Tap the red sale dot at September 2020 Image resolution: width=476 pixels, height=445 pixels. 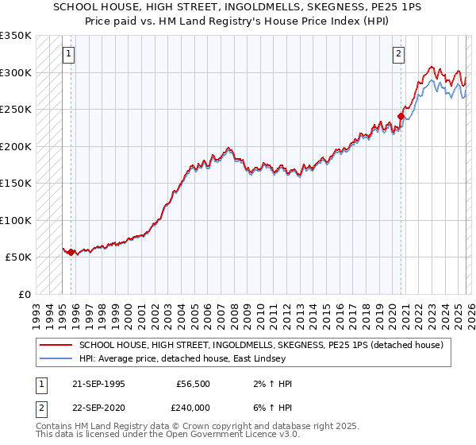(401, 117)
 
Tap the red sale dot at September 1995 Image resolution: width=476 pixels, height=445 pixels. (71, 252)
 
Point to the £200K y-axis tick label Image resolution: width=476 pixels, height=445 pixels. (16, 146)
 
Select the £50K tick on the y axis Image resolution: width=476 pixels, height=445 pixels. (18, 257)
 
